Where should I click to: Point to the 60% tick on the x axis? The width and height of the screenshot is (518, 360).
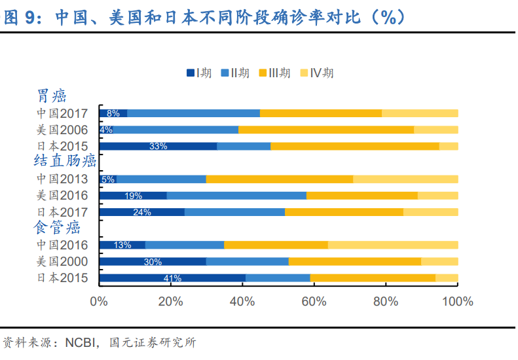[314, 302]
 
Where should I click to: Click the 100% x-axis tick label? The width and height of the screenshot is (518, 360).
[458, 302]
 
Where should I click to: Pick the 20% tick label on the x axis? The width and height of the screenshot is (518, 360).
[170, 302]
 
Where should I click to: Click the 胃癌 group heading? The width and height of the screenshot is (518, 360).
[52, 96]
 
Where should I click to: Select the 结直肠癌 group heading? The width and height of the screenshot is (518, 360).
[65, 161]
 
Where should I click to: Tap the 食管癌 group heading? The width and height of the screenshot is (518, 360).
[57, 228]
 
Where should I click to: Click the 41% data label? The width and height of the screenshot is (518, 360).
[172, 278]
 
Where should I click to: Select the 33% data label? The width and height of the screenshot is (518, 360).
[158, 146]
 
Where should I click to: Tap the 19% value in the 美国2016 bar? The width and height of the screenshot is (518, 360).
[133, 195]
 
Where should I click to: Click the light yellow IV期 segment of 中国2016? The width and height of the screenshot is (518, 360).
[393, 245]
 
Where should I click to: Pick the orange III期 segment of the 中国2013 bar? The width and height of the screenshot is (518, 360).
[280, 179]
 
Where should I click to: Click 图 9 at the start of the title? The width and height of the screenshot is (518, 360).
[19, 18]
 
